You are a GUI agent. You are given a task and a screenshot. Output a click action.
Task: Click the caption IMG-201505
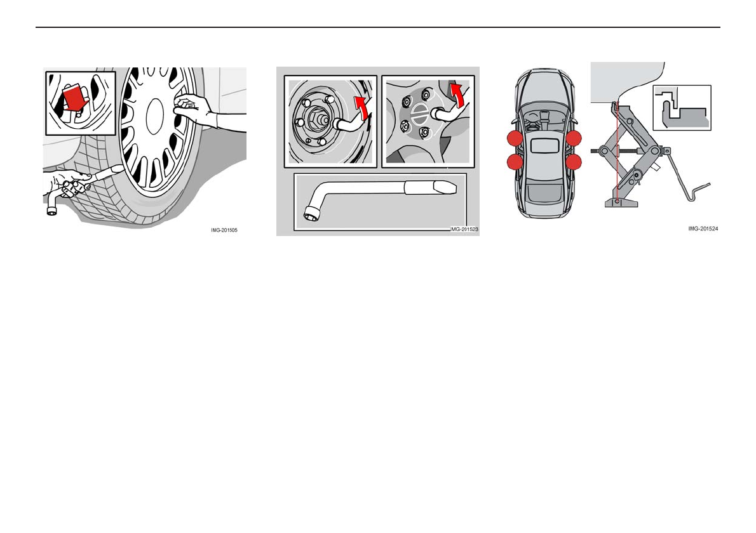224,230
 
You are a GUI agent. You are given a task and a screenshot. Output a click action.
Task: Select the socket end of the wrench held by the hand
51,209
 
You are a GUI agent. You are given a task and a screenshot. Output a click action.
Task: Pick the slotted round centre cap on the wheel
420,117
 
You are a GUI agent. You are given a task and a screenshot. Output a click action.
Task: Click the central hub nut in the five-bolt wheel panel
316,119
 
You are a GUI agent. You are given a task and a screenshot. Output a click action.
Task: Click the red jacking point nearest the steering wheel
515,138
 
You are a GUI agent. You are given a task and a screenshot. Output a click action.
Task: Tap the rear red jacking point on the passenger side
574,162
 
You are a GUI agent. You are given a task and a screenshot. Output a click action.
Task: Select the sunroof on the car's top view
544,145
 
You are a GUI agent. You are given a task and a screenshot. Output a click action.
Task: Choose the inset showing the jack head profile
681,108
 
